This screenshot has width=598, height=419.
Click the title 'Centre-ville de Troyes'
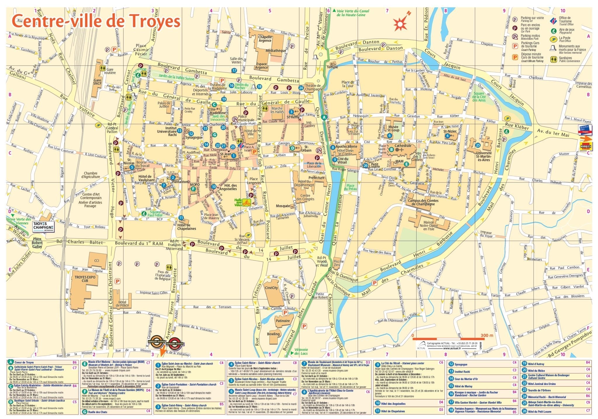point(95,21)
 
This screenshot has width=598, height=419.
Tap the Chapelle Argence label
point(265,39)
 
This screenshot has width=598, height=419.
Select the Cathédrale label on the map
point(403,146)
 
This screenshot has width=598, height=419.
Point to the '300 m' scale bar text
point(486,335)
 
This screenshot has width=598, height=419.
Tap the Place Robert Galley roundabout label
point(37,243)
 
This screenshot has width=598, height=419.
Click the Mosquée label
point(283,206)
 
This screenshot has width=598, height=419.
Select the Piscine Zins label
point(338,263)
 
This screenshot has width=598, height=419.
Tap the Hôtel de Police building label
point(122,304)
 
